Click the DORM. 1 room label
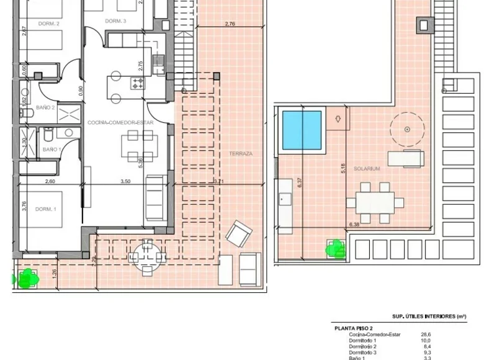pyautogui.click(x=47, y=209)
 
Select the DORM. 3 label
pyautogui.click(x=115, y=21)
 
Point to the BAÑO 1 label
pyautogui.click(x=52, y=150)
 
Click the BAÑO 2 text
pyautogui.click(x=46, y=107)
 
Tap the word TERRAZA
pyautogui.click(x=241, y=153)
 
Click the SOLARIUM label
pyautogui.click(x=367, y=168)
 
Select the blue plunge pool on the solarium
pyautogui.click(x=302, y=130)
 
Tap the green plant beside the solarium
pyautogui.click(x=336, y=249)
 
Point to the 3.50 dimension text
pyautogui.click(x=125, y=182)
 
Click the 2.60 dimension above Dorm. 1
pyautogui.click(x=50, y=182)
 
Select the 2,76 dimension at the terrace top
pyautogui.click(x=229, y=24)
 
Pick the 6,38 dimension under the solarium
pyautogui.click(x=355, y=224)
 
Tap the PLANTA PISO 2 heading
pyautogui.click(x=353, y=328)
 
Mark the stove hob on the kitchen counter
pyautogui.click(x=137, y=83)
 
